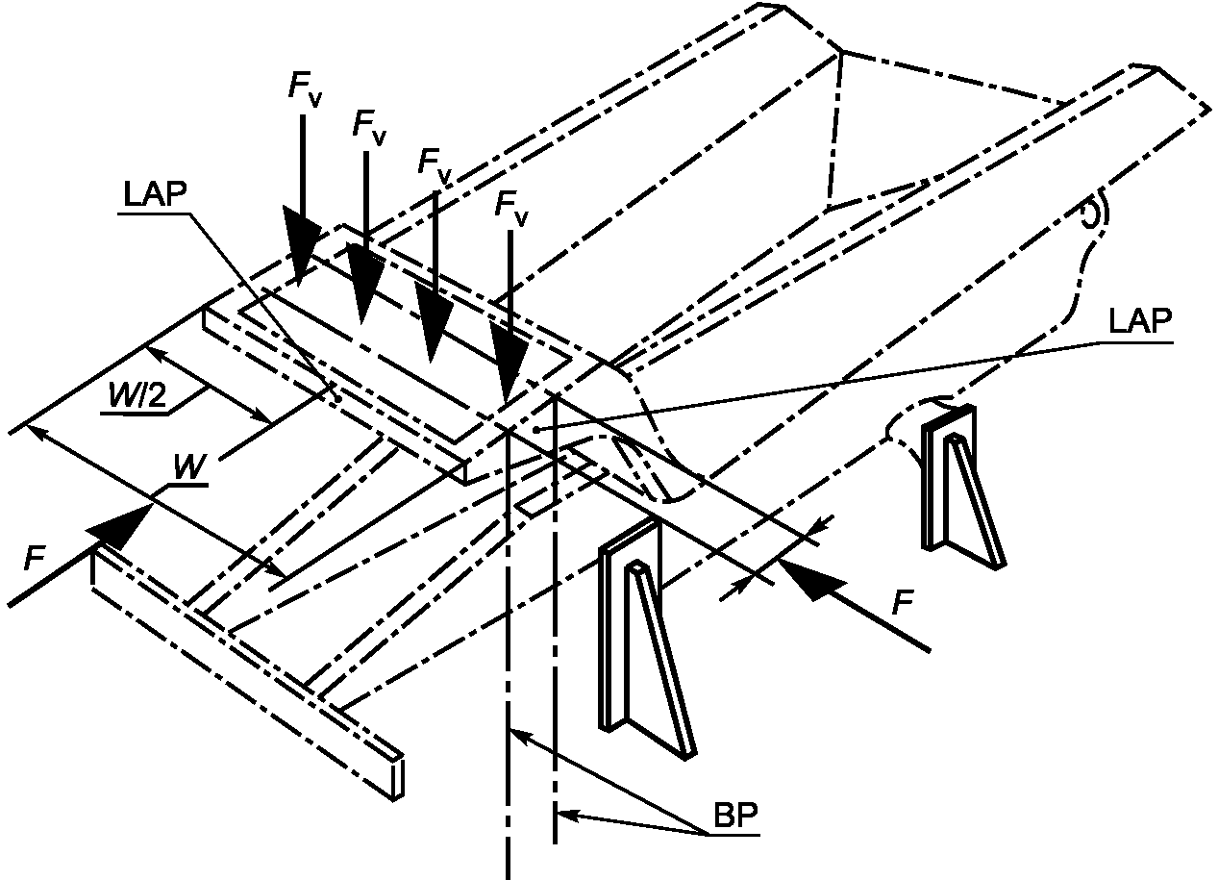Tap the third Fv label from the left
tap(435, 166)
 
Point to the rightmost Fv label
tap(511, 209)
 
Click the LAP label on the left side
tap(155, 193)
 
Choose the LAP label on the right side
tap(1140, 321)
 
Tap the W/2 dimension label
tap(137, 394)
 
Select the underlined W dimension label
tap(189, 467)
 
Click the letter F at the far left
tap(35, 559)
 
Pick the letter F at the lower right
tap(903, 601)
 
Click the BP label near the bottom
tap(735, 816)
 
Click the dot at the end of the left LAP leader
tap(337, 399)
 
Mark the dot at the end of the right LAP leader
tap(535, 430)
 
